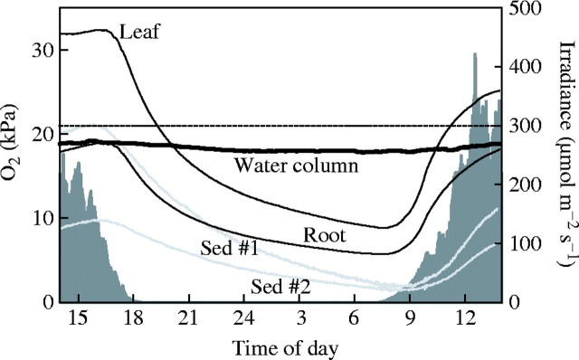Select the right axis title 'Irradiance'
click(x=565, y=149)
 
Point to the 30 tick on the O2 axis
click(x=42, y=51)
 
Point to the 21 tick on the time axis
click(x=188, y=319)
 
